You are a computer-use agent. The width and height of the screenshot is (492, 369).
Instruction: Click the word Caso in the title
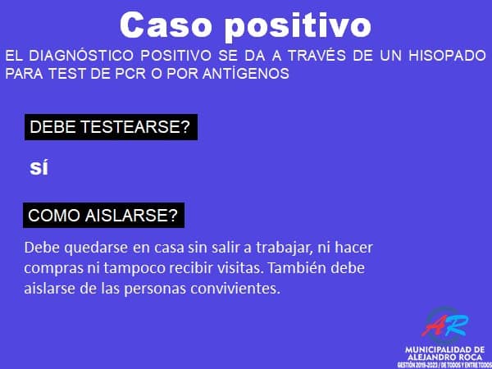pyautogui.click(x=166, y=25)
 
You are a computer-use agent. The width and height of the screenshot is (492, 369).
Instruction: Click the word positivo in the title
pyautogui.click(x=298, y=27)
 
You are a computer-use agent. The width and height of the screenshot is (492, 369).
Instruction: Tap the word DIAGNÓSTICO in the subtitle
pyautogui.click(x=81, y=56)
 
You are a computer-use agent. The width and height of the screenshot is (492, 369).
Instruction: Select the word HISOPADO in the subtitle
pyautogui.click(x=448, y=56)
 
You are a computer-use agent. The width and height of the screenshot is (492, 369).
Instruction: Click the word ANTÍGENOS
pyautogui.click(x=246, y=74)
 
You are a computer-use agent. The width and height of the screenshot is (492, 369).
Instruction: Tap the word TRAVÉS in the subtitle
pyautogui.click(x=317, y=56)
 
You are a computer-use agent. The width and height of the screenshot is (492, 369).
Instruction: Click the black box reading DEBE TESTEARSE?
pyautogui.click(x=111, y=127)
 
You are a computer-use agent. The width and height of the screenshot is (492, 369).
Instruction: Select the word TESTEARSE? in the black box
pyautogui.click(x=135, y=127)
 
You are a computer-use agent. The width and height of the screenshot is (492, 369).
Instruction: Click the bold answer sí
pyautogui.click(x=39, y=167)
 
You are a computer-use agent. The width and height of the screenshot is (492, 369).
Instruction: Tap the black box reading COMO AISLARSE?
pyautogui.click(x=103, y=215)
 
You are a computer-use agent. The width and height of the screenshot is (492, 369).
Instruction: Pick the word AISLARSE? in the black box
pyautogui.click(x=131, y=216)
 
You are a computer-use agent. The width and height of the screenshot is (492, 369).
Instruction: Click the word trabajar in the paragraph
pyautogui.click(x=285, y=248)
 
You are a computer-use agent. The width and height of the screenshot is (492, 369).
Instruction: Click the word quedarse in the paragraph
pyautogui.click(x=96, y=248)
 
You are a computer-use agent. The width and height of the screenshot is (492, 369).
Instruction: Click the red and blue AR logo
pyautogui.click(x=445, y=326)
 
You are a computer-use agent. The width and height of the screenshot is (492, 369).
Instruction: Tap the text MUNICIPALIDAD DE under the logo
pyautogui.click(x=445, y=349)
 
